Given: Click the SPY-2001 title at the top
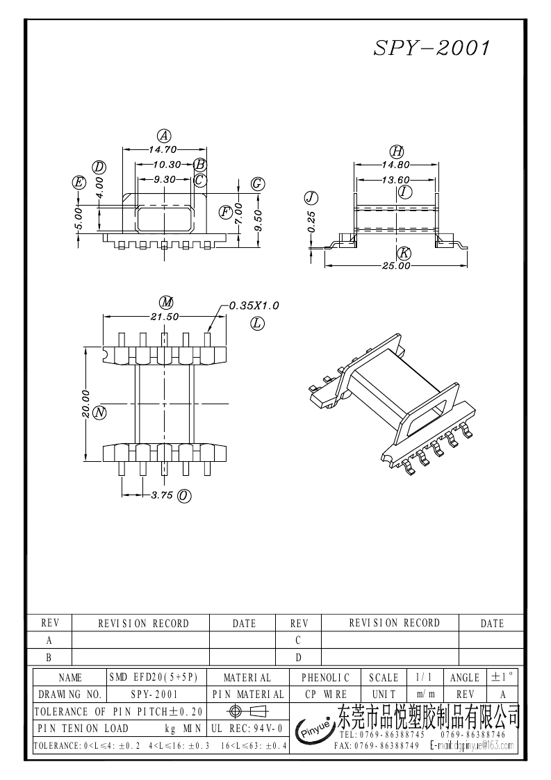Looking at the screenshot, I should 432,48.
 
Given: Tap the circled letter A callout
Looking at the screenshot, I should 164,136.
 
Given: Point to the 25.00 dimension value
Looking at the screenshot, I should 395,265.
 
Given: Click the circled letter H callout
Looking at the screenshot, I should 396,151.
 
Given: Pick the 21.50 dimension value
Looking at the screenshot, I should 165,316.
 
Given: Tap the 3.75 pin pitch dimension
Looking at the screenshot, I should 163,495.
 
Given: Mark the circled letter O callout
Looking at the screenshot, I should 184,495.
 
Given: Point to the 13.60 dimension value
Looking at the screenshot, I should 396,179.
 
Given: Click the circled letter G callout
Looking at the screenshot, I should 257,183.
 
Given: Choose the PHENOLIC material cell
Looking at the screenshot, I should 326,677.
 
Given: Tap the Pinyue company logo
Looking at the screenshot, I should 313,729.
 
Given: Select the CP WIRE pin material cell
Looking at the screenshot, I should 326,694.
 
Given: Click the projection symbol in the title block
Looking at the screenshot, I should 247,711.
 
